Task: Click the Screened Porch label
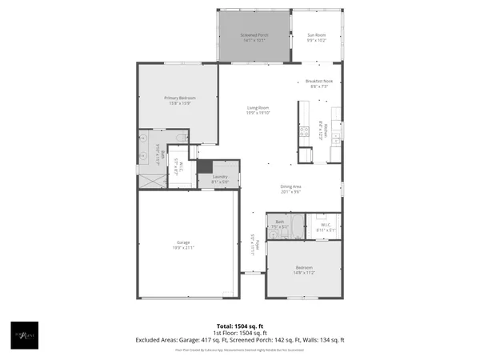(x=254, y=36)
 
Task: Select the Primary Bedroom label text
(x=180, y=98)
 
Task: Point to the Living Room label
(x=258, y=108)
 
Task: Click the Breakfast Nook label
(x=318, y=82)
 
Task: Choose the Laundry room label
(x=220, y=177)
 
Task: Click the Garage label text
(x=183, y=242)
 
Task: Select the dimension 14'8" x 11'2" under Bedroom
(x=304, y=273)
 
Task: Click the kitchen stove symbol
(x=305, y=132)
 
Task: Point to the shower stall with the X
(x=150, y=180)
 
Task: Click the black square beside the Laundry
(x=204, y=167)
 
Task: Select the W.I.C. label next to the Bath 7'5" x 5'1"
(x=326, y=225)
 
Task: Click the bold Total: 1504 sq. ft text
(x=240, y=326)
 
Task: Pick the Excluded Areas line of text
(x=240, y=340)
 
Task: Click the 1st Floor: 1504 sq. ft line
(x=240, y=333)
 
